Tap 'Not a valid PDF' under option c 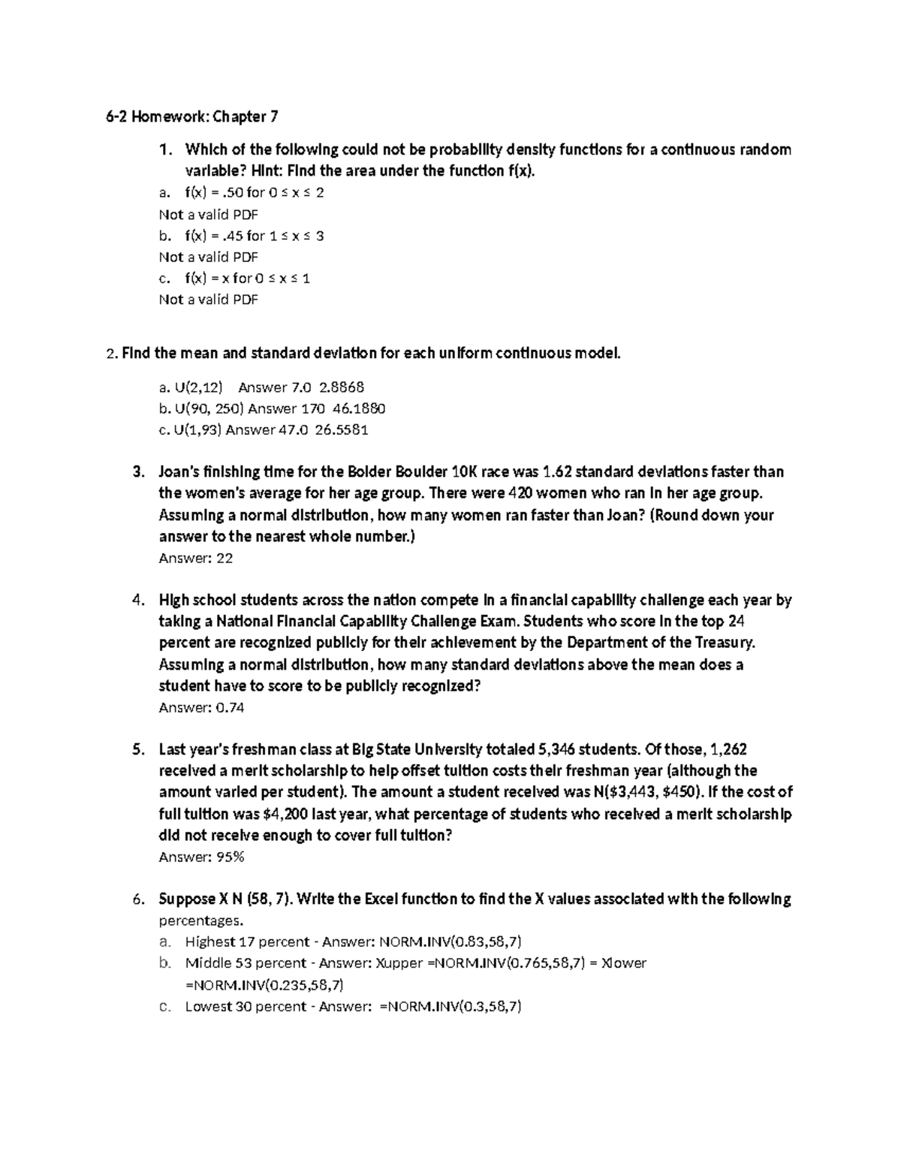(208, 300)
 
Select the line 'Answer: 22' (196, 558)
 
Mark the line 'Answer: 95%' (201, 857)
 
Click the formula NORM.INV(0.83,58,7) (450, 942)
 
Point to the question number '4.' (137, 601)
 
